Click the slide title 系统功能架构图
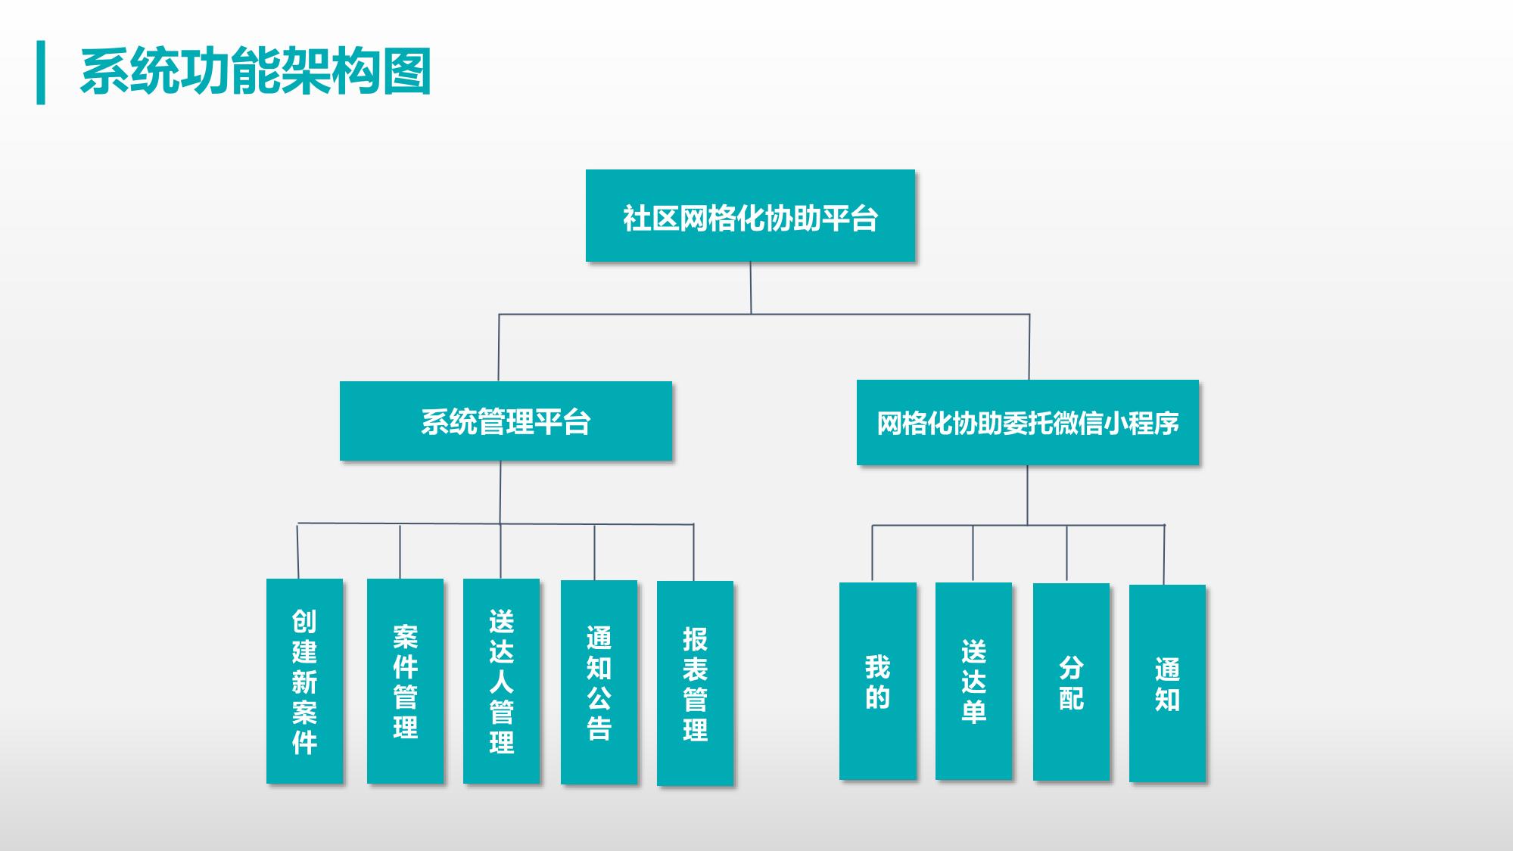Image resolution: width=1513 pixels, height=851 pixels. click(x=256, y=72)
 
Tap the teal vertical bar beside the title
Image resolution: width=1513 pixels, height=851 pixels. click(x=41, y=72)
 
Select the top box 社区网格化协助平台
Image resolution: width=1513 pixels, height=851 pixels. click(x=750, y=216)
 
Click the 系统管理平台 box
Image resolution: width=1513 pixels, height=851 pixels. click(x=506, y=421)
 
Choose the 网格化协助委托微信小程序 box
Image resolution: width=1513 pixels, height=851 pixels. click(x=1028, y=422)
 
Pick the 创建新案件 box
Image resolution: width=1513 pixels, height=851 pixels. click(x=304, y=681)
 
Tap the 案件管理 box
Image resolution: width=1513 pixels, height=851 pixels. click(x=405, y=681)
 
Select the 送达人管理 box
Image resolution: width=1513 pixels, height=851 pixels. click(x=501, y=681)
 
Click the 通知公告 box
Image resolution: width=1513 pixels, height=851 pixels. click(x=599, y=682)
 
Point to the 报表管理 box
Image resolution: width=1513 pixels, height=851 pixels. click(x=695, y=682)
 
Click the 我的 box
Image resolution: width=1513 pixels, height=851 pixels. click(x=877, y=681)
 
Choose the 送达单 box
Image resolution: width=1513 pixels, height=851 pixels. click(x=973, y=681)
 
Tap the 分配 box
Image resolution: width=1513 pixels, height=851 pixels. click(x=1071, y=682)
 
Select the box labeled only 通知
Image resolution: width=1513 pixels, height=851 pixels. click(x=1167, y=683)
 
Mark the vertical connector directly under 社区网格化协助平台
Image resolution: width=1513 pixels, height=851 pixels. click(x=751, y=287)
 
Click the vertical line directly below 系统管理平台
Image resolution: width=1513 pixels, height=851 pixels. click(x=500, y=492)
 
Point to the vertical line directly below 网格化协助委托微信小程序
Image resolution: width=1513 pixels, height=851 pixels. click(x=1027, y=495)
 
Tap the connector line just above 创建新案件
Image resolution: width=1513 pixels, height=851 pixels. click(x=297, y=551)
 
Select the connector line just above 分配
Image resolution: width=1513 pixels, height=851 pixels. click(x=1067, y=554)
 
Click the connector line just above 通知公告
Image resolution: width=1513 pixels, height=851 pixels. click(x=594, y=552)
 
